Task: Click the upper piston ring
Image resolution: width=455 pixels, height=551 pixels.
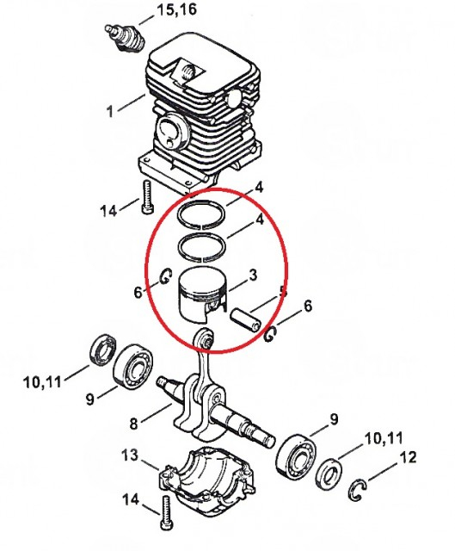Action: pos(206,214)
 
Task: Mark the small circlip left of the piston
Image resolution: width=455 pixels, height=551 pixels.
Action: pos(163,277)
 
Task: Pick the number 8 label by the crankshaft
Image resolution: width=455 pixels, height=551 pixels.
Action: pos(132,423)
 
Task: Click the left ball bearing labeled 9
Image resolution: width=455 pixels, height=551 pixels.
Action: pos(132,365)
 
